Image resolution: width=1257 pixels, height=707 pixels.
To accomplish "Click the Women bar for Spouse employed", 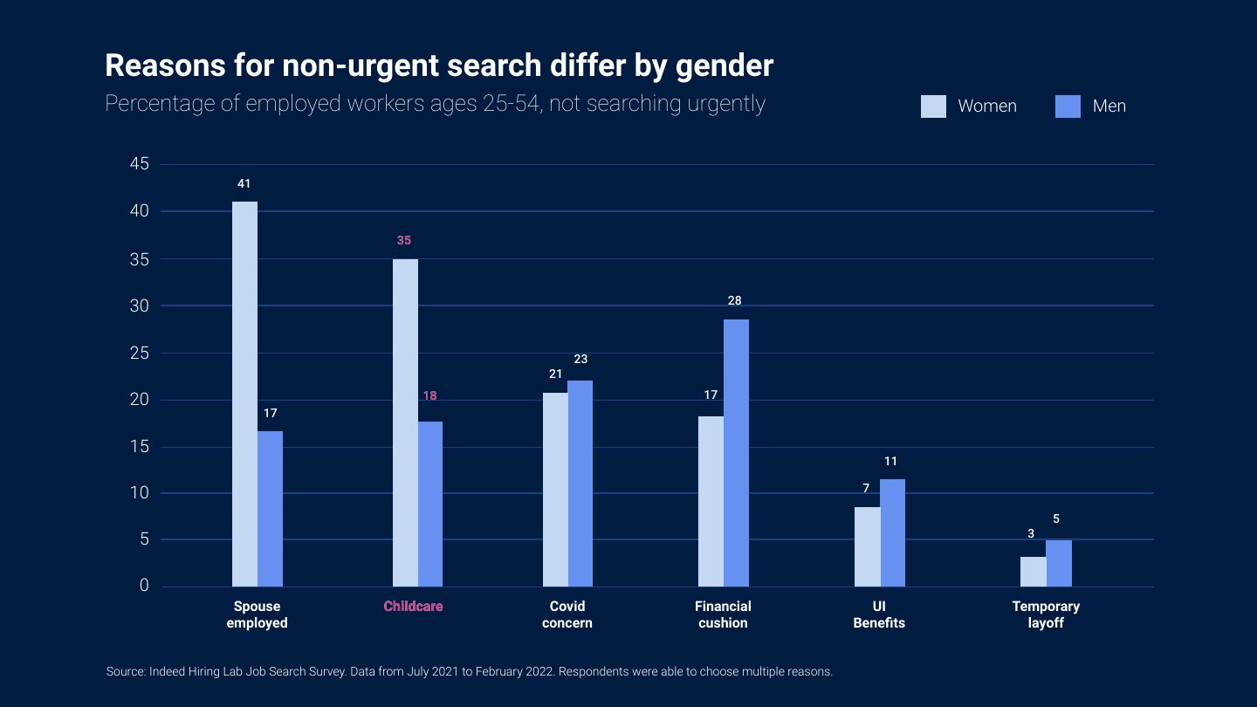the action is [244, 394].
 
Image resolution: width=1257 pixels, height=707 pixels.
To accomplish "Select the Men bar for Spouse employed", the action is [270, 509].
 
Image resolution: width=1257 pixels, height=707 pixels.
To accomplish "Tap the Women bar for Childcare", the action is [405, 423].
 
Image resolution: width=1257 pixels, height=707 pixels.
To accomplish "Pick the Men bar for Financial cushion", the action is [736, 453].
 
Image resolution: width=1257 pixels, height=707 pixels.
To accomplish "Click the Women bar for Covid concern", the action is [555, 490].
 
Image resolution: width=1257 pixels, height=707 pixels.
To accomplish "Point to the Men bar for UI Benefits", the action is [892, 533].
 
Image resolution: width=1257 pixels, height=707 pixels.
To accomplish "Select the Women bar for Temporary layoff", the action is [1034, 572].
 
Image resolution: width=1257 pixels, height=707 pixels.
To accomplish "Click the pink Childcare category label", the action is [413, 606].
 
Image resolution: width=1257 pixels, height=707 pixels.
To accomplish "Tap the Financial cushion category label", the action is [723, 614].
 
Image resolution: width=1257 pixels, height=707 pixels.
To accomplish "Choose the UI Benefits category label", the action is [879, 614].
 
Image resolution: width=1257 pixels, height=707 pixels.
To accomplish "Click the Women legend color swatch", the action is [933, 106].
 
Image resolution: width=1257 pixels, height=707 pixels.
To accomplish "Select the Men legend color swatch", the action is [1068, 106].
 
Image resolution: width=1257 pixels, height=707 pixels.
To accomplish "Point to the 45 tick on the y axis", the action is [140, 164].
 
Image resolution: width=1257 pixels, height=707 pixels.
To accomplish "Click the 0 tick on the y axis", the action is [144, 585].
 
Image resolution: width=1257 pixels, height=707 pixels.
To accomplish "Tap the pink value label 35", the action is [404, 241].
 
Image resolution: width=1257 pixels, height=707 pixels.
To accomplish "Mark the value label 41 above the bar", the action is [244, 183].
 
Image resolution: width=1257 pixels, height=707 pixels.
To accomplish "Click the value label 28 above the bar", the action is [735, 301].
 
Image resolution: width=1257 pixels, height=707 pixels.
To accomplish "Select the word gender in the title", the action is [725, 66].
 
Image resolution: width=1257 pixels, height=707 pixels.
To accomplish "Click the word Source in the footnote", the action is [126, 672].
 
